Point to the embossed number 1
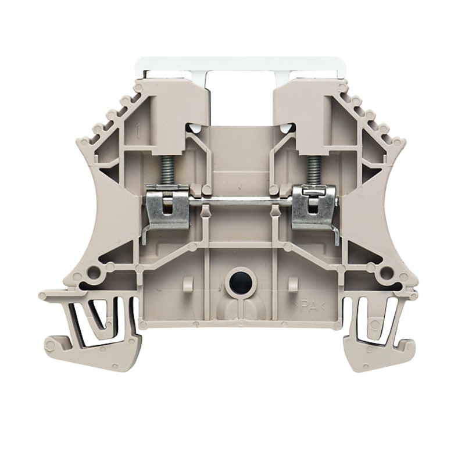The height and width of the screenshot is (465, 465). tap(138, 131)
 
